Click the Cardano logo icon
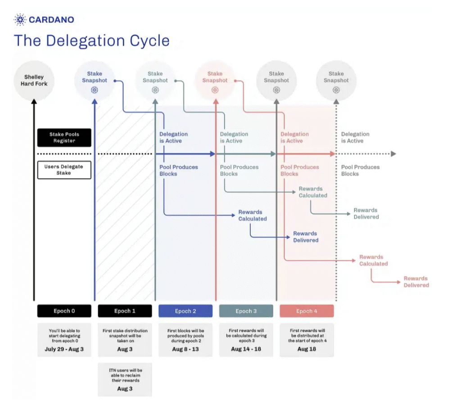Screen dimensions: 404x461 coord(20,19)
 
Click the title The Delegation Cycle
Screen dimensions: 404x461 coord(91,40)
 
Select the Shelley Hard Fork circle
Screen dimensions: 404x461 coord(34,81)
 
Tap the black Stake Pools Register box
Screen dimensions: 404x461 coord(64,137)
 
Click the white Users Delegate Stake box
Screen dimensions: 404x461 coord(64,170)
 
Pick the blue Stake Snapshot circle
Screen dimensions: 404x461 coord(95,81)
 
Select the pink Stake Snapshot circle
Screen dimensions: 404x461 coord(215,81)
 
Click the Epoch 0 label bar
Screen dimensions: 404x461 coord(64,311)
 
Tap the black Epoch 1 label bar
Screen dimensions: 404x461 coord(125,311)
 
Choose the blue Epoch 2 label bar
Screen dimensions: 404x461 coord(185,311)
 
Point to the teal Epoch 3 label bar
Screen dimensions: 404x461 coord(246,311)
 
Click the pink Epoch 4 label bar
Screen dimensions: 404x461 coord(307,311)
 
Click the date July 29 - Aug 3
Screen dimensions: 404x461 coord(64,349)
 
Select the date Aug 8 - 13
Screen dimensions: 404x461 coord(185,349)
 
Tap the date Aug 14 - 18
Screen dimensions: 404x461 coord(246,349)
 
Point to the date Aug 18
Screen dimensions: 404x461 coord(307,349)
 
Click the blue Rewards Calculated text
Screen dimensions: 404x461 coord(253,215)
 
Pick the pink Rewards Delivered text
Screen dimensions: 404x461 coord(416,282)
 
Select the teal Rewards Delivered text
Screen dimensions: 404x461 coord(366,213)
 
